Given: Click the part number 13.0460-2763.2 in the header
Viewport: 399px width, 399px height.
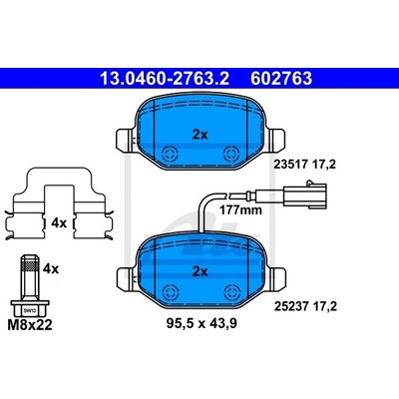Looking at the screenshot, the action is click(x=165, y=79).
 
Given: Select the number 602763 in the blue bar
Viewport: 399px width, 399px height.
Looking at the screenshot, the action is click(x=281, y=79).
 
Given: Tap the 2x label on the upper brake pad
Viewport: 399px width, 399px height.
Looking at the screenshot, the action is click(x=199, y=135).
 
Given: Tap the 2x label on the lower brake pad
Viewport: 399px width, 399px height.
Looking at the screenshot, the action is click(x=199, y=272).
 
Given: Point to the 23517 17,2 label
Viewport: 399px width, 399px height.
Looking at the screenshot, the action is click(x=304, y=164).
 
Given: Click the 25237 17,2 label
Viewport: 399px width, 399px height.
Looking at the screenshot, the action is click(x=305, y=306).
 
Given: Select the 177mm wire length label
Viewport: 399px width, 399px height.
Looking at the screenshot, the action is click(x=240, y=210).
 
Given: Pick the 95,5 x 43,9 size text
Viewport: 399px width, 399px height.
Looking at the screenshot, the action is click(x=201, y=323).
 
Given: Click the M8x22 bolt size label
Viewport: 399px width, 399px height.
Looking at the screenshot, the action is click(x=30, y=325).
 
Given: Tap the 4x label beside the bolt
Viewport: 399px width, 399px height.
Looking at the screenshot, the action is click(x=51, y=268).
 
